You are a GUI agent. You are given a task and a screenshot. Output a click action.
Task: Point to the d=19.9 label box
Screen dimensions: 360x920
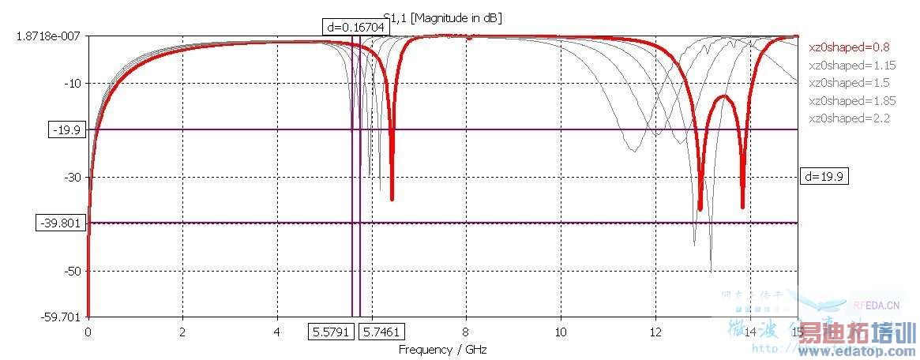pos(824,177)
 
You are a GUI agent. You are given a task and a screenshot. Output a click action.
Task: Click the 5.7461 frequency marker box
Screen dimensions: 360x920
pos(381,332)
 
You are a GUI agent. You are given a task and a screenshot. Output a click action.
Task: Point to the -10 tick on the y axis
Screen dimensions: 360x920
pos(73,83)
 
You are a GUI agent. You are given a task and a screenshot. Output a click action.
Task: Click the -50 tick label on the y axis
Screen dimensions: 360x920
pos(73,271)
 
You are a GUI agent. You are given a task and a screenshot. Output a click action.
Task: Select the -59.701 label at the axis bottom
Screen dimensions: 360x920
pos(65,317)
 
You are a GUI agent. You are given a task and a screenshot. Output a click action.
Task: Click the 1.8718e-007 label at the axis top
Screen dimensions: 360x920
pos(51,37)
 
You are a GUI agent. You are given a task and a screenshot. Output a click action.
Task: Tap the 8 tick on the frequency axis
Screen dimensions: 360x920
pos(466,332)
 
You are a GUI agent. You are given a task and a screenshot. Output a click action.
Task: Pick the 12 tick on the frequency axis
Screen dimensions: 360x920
pos(655,332)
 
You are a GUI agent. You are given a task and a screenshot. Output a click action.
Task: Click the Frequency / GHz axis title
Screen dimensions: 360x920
pos(437,349)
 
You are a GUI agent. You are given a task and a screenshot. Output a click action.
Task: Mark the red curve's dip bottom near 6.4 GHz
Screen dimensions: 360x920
pos(392,199)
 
